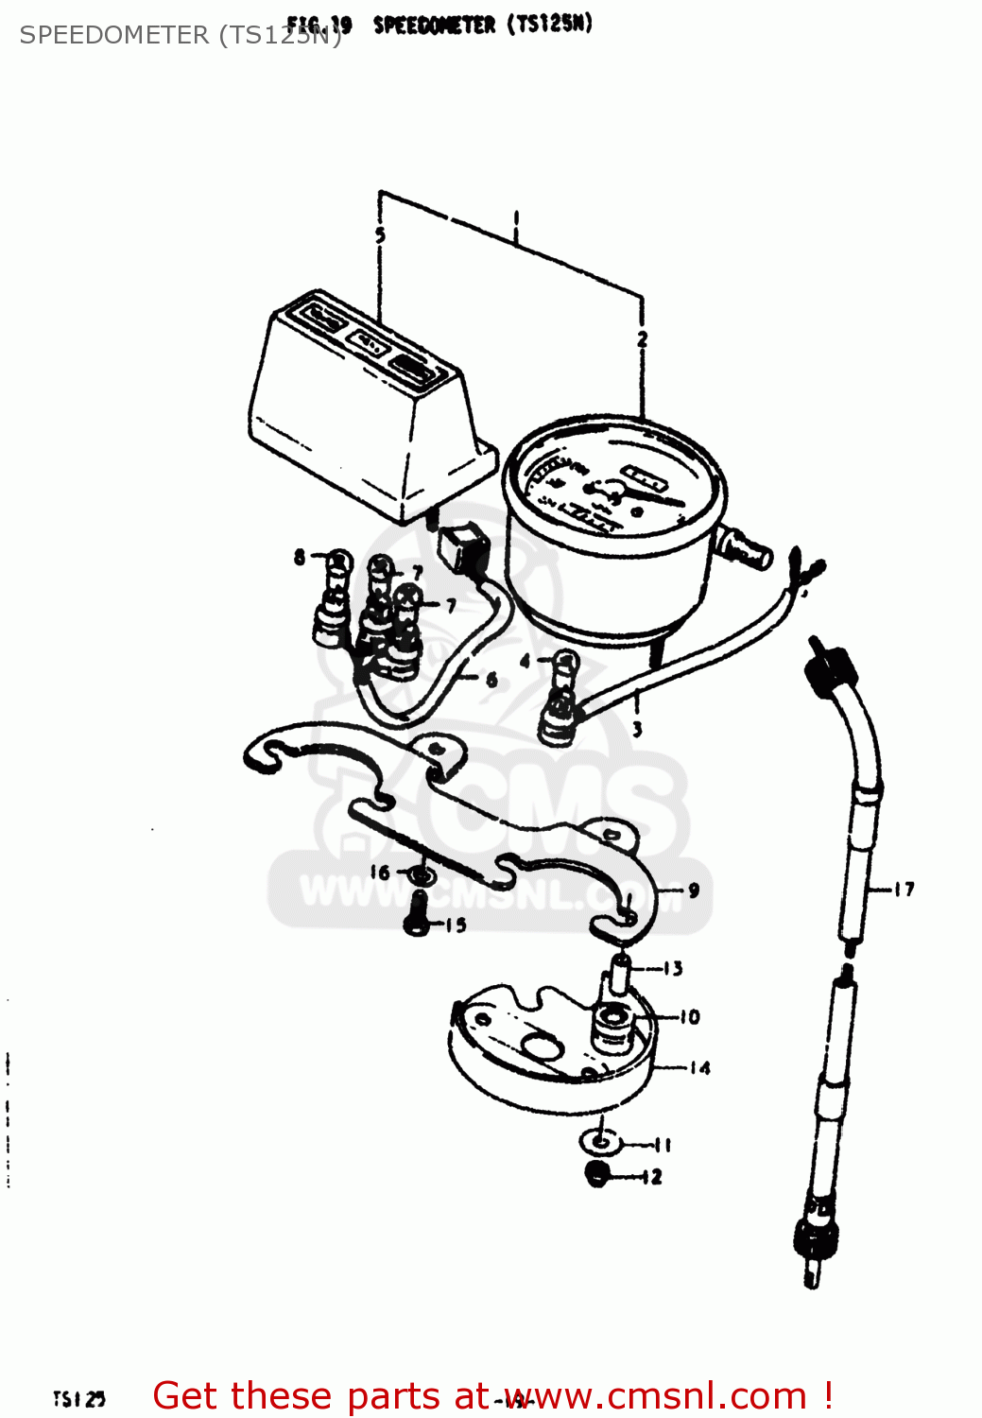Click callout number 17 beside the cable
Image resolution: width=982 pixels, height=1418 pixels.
pos(904,889)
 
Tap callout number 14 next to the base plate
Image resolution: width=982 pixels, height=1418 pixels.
pos(699,1068)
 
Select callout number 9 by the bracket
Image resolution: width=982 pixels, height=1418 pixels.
pos(694,891)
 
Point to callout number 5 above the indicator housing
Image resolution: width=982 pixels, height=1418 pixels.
pos(380,235)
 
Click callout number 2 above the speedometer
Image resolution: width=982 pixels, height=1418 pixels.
pos(643,339)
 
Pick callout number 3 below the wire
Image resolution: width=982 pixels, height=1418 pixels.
pos(637,729)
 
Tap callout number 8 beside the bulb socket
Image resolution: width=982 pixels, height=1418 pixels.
pos(300,557)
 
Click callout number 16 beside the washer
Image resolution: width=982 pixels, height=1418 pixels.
pos(379,873)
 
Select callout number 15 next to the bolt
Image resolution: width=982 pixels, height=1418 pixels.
pos(456,925)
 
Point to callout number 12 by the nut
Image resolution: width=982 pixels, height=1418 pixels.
pos(652,1177)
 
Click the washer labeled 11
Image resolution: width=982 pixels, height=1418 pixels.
pos(600,1142)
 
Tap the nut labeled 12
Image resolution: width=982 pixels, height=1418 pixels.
pos(597,1176)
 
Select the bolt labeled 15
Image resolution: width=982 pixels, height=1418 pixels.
pos(417,916)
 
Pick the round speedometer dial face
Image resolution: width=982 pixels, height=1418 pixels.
pos(612,492)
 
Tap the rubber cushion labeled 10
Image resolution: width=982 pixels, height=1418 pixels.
pos(611,1025)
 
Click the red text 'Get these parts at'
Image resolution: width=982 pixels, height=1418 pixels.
pos(319,1396)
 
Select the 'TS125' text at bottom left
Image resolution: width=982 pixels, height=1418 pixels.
pos(78,1398)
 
